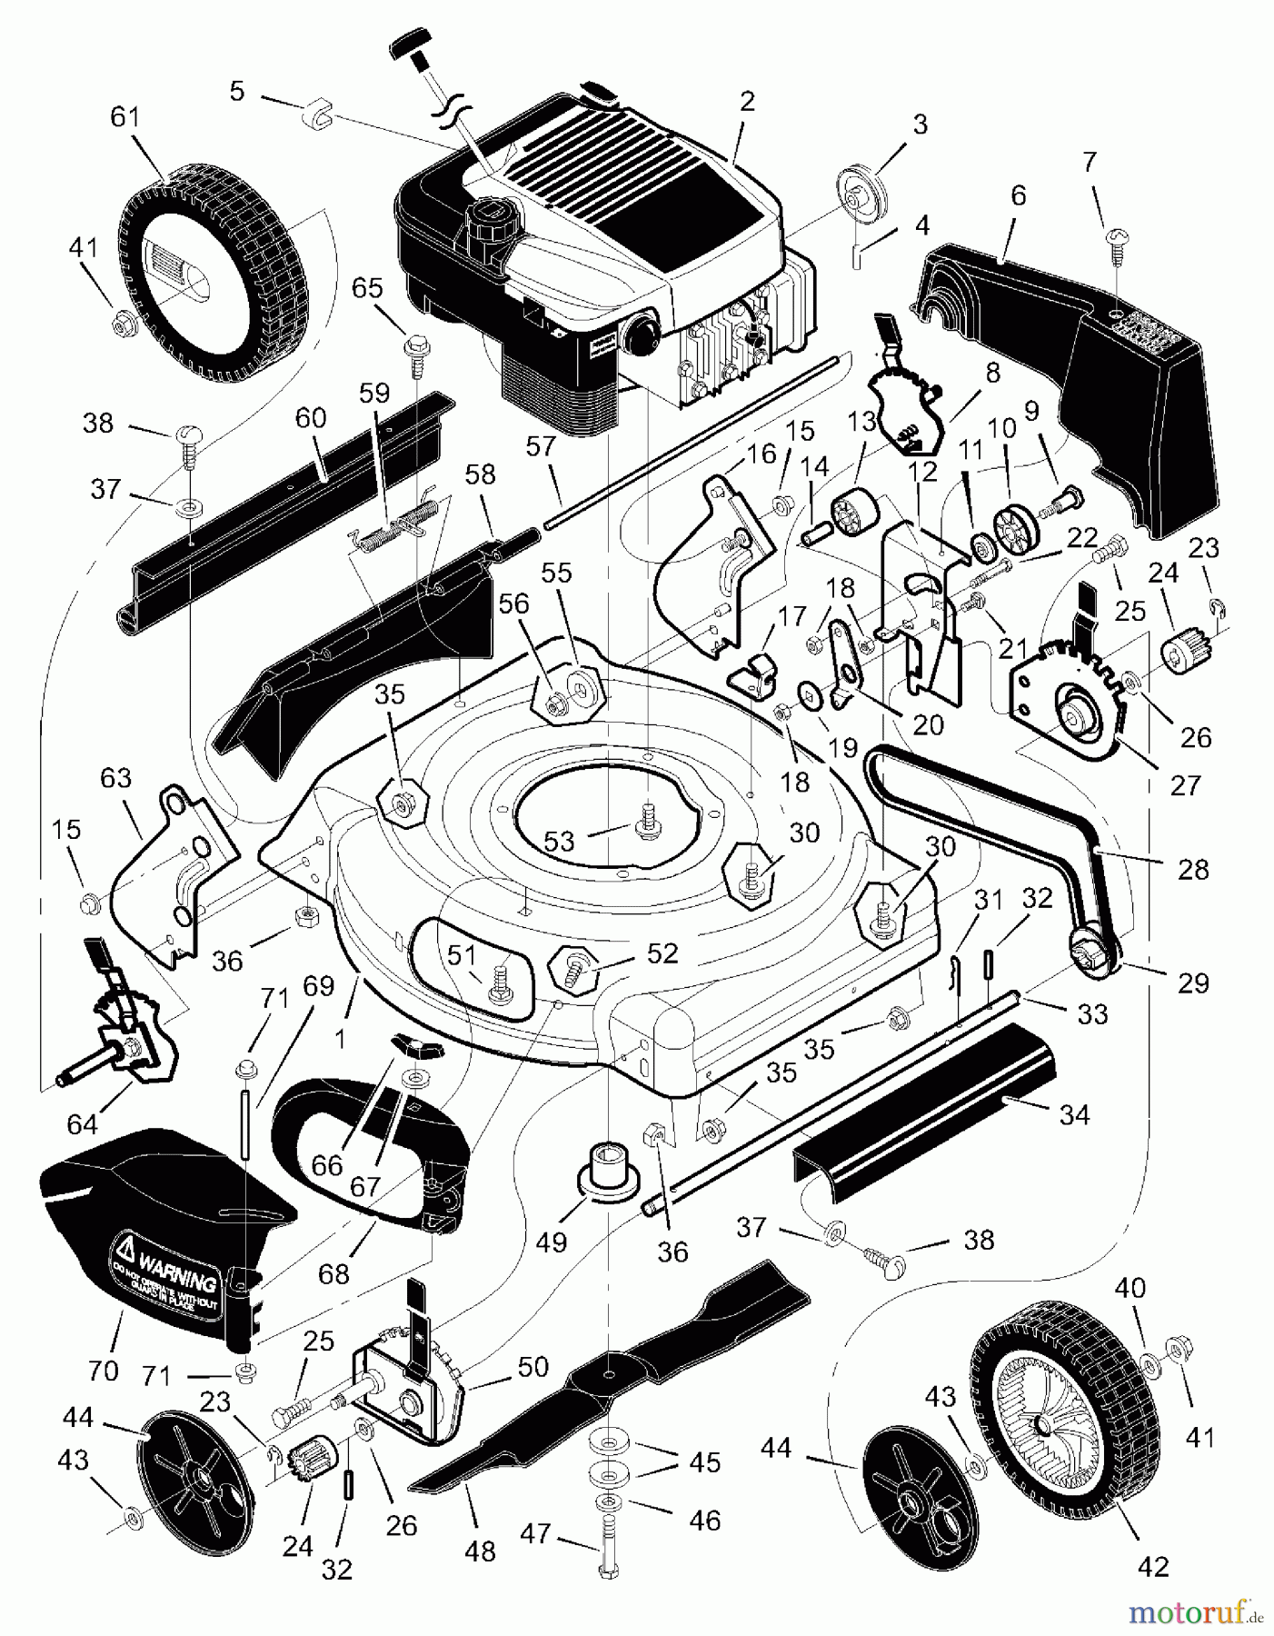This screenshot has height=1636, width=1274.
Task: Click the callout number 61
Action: pos(125,117)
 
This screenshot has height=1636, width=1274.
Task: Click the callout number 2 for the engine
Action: pos(747,101)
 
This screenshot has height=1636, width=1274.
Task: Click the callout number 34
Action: pos(1074,1113)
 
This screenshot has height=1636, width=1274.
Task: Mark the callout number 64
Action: pos(82,1124)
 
